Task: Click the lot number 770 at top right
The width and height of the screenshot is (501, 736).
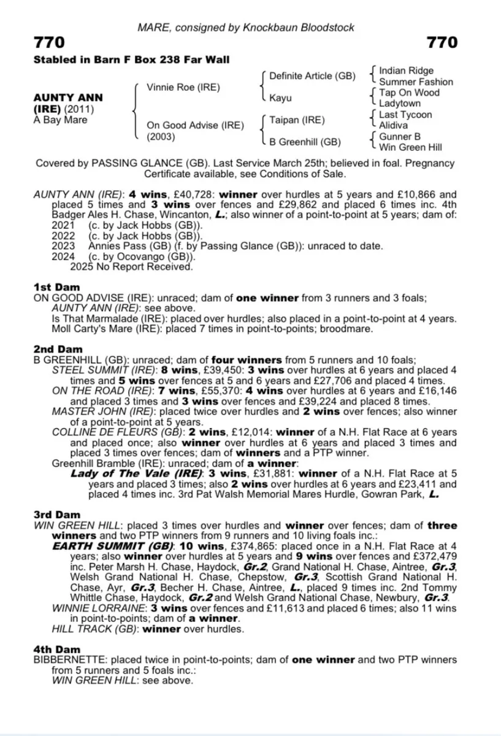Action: (442, 42)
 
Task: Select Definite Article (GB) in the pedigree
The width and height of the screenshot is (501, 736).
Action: (312, 76)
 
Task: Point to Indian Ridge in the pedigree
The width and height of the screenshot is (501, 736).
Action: (406, 71)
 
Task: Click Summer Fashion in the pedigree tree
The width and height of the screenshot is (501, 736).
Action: (416, 82)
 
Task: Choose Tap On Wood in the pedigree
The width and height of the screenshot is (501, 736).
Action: (410, 93)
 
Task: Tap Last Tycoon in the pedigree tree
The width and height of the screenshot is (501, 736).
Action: (405, 115)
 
